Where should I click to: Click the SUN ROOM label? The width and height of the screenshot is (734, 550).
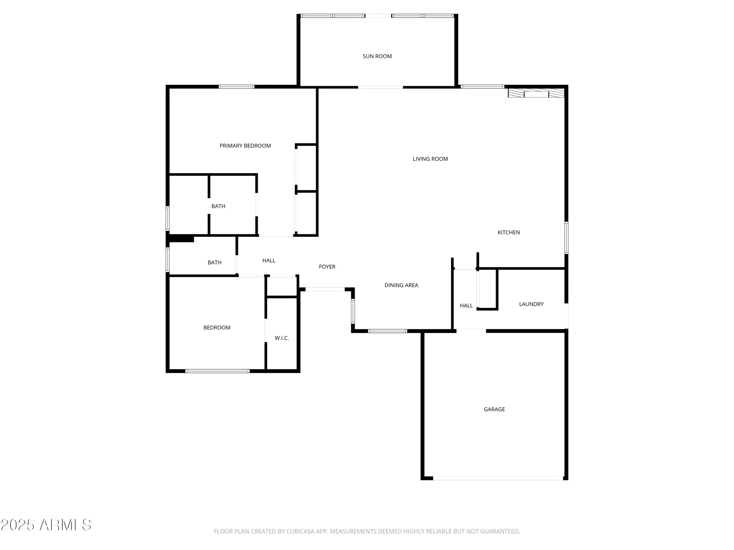coord(377,56)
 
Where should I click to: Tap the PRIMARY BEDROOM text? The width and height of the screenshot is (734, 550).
coord(245,146)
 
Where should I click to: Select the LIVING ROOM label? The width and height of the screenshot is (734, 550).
coord(430,159)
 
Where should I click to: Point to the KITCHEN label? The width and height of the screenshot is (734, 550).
coord(508,232)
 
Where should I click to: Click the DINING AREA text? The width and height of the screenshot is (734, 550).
coord(401,285)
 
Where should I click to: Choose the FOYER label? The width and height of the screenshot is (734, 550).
coord(327,267)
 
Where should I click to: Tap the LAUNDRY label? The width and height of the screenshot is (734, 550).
coord(531,304)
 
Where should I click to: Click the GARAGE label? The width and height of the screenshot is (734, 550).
coord(494,409)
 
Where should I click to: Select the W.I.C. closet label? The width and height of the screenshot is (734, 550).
coord(281,338)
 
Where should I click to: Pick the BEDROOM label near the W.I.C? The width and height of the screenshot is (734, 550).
coord(217,327)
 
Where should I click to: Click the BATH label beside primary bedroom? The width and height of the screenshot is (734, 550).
coord(218,206)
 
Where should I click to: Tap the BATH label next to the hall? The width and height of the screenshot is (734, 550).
coord(214,262)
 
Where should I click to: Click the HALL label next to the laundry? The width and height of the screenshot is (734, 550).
coord(466,305)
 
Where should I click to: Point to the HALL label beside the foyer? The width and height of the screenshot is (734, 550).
coord(269,260)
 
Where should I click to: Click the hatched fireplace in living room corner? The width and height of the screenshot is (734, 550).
coord(536,93)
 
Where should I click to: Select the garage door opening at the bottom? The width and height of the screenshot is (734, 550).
coord(498,478)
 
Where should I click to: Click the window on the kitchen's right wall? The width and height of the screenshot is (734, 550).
coord(566,238)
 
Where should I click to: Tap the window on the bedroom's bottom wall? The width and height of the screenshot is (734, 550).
coord(217,371)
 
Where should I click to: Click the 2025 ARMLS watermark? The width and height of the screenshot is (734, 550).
coord(46,525)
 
